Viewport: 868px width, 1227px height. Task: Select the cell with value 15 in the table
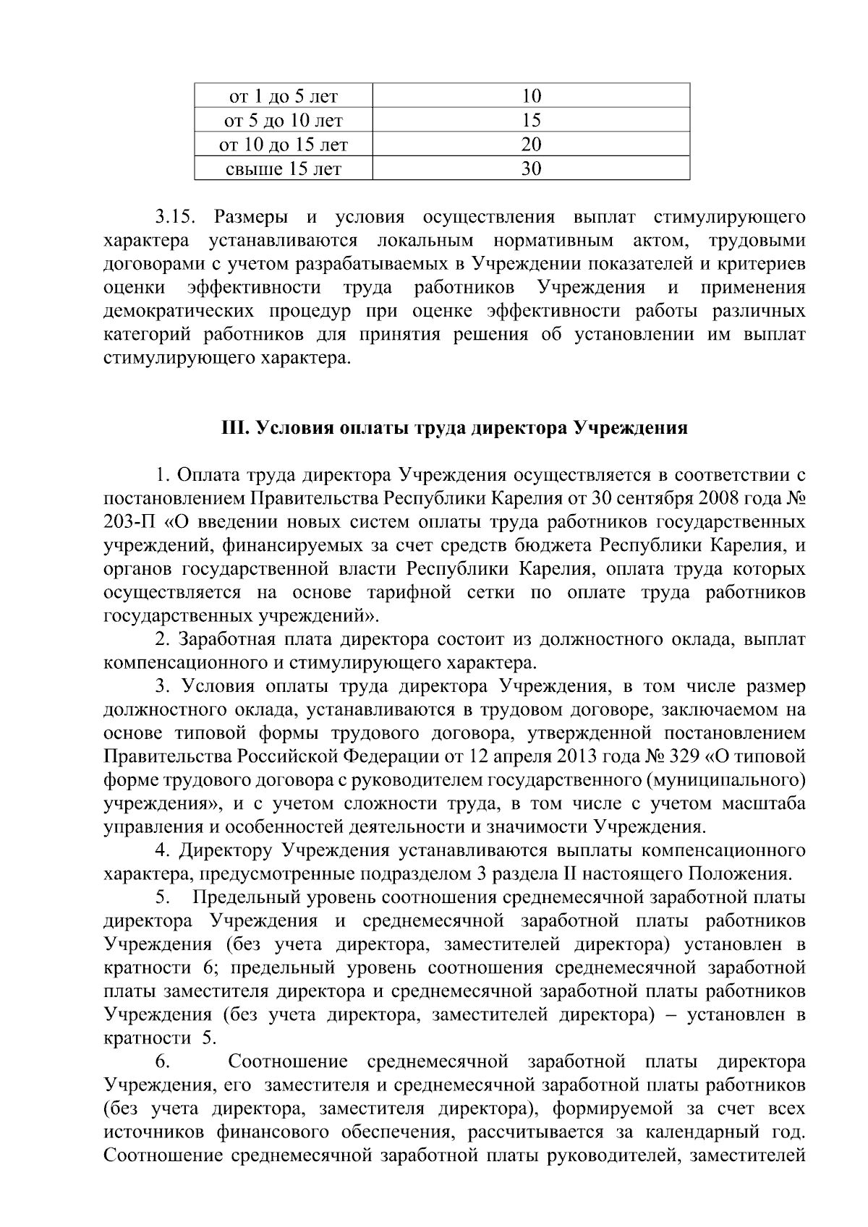click(531, 120)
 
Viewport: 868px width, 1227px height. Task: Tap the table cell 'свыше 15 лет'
click(284, 169)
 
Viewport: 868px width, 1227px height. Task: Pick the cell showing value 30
click(531, 169)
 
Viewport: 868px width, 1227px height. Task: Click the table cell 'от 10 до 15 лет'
click(284, 145)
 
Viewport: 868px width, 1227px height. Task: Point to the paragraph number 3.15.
click(174, 217)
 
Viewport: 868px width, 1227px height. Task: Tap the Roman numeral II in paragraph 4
click(569, 874)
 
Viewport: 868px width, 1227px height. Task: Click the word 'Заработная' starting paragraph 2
click(227, 640)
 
